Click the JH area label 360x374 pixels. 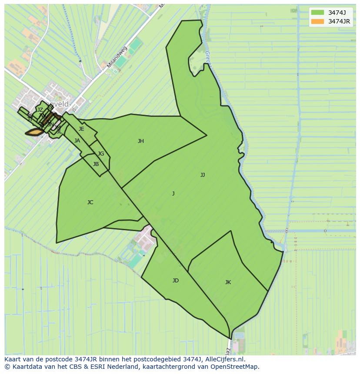[140, 141]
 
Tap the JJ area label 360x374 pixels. [203, 175]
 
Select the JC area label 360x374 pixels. [90, 202]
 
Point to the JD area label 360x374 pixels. [175, 281]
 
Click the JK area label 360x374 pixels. [228, 282]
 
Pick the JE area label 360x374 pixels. [81, 129]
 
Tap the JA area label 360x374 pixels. [77, 141]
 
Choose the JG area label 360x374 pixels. [101, 154]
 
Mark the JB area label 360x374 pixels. [96, 164]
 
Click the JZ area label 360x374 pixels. [40, 110]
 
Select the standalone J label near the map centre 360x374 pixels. [173, 194]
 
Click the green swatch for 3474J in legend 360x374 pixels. [317, 12]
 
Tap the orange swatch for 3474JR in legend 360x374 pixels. [317, 21]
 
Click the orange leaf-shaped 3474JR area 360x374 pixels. [35, 132]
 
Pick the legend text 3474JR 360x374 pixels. [339, 21]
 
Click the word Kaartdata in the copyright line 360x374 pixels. [23, 367]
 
